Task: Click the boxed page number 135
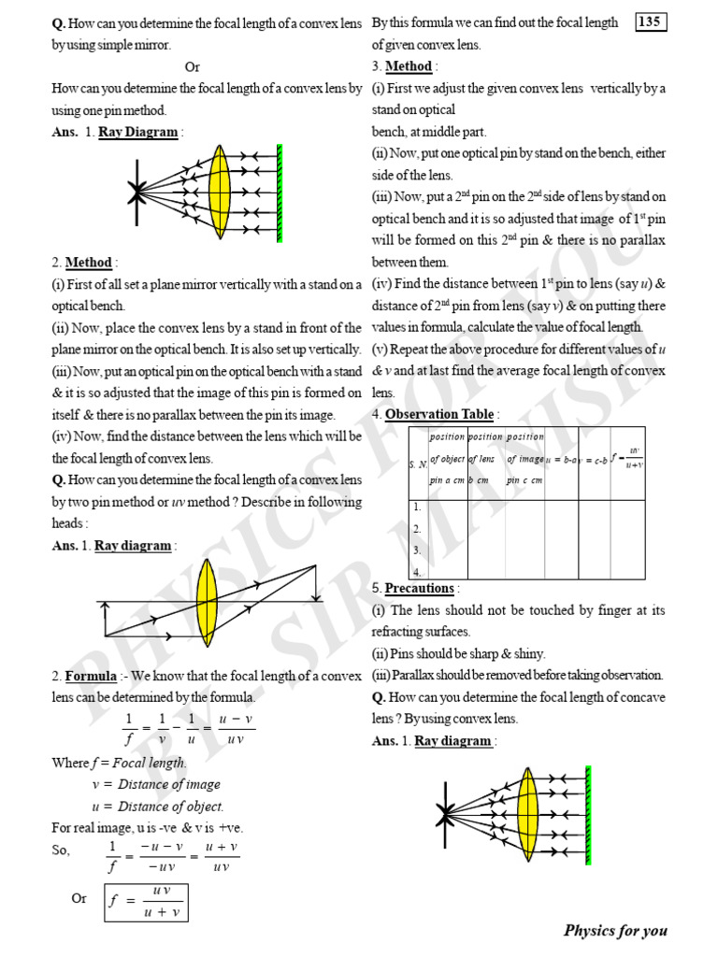point(651,22)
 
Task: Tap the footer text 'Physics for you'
point(615,930)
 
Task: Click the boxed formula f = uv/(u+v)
point(145,900)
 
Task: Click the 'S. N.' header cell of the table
point(418,464)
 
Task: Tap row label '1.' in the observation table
point(417,507)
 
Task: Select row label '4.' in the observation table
point(417,571)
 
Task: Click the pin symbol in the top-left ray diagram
point(137,192)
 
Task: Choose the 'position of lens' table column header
point(484,459)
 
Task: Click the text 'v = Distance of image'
point(156,784)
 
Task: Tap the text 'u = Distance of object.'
point(158,806)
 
